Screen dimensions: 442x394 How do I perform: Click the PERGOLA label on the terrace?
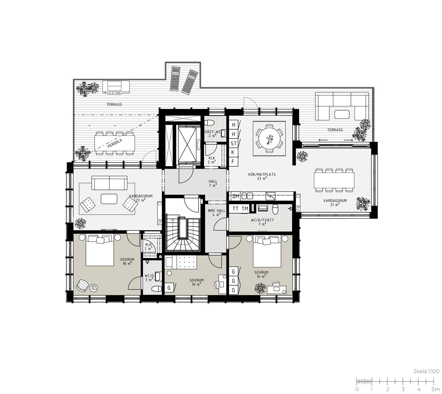tap(115, 143)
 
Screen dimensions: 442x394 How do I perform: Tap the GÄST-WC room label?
tap(213, 132)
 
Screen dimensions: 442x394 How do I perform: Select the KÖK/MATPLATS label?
tap(262, 174)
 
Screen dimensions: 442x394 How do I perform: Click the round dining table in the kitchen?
tap(269, 138)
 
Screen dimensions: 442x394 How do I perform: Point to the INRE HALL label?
tap(216, 211)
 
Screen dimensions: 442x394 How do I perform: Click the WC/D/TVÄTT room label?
tap(262, 220)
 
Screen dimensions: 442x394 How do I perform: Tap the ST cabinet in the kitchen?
tap(234, 143)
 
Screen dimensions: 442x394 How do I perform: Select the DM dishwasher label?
tap(236, 196)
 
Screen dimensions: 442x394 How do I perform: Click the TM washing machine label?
tap(245, 208)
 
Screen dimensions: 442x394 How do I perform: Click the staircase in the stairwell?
tap(183, 233)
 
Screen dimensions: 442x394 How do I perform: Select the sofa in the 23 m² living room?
tap(109, 183)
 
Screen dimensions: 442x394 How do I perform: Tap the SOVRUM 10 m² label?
tap(196, 282)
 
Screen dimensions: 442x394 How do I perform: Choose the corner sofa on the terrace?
tap(342, 106)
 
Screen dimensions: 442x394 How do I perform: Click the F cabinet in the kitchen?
tap(233, 162)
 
